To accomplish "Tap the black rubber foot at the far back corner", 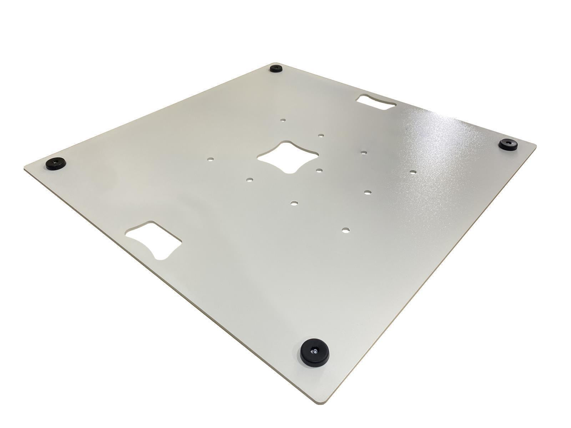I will tap(276, 68).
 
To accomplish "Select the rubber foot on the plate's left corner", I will tap(56, 164).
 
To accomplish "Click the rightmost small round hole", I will tap(413, 172).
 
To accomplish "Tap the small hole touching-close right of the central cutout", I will tap(319, 170).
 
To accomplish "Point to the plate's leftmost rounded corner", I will tap(26, 167).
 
